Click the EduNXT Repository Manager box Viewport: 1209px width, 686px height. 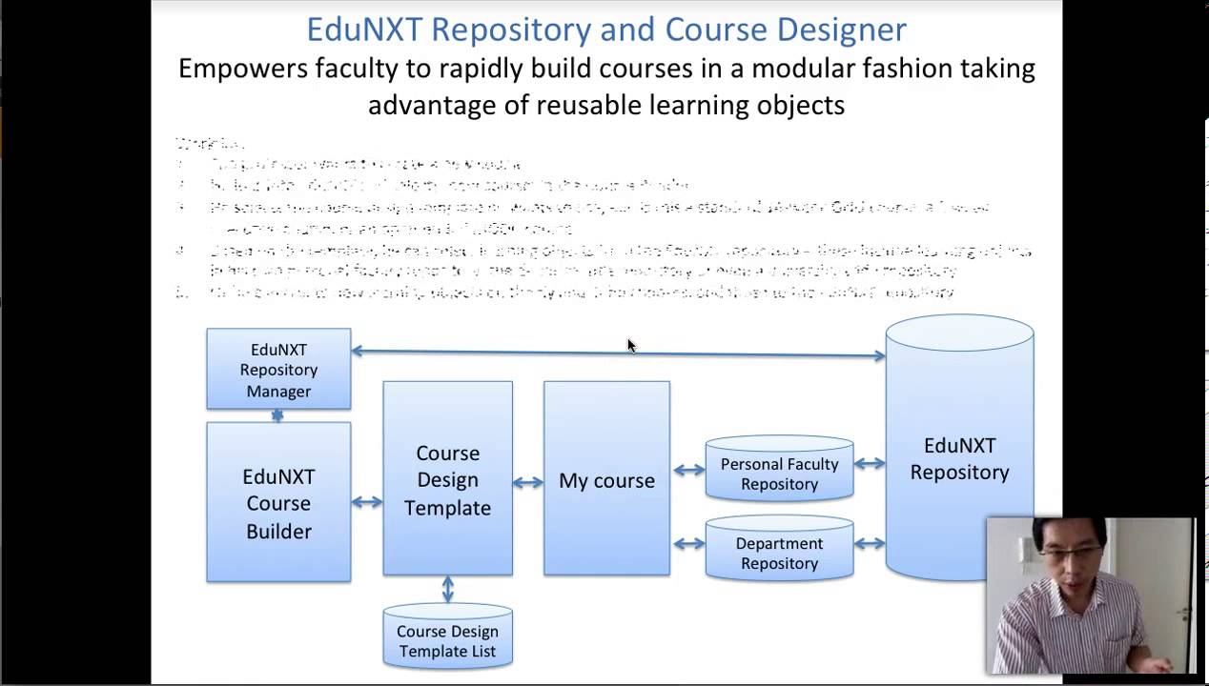tap(278, 370)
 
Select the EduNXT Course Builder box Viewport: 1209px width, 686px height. tap(278, 503)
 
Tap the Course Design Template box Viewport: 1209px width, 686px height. tap(447, 479)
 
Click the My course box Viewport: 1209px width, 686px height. tap(606, 479)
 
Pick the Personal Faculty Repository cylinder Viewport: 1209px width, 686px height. tap(779, 473)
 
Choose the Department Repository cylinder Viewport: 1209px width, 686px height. tap(779, 552)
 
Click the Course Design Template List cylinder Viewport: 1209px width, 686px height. tap(447, 640)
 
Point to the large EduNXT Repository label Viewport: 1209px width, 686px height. tap(959, 458)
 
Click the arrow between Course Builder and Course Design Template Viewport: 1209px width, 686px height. tap(367, 502)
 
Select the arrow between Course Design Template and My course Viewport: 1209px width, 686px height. tap(528, 482)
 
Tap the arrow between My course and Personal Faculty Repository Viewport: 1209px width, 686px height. tap(688, 469)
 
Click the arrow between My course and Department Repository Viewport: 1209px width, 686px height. tap(688, 543)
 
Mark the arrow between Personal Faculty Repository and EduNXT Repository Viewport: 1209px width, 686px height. tap(870, 464)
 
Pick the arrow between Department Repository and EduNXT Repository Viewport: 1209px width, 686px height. tap(870, 543)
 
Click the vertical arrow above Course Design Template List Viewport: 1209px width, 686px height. tap(447, 590)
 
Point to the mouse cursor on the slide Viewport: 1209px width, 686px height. tap(631, 346)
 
